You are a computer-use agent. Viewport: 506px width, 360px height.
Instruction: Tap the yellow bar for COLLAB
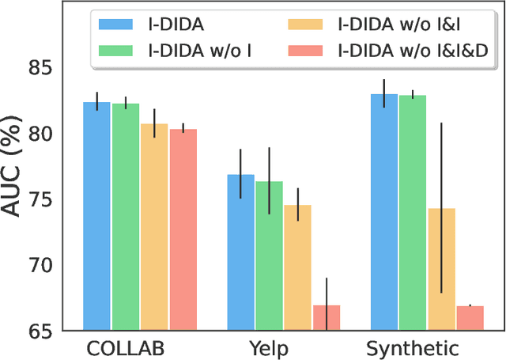(154, 226)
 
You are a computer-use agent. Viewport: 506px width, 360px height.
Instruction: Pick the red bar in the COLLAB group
(183, 229)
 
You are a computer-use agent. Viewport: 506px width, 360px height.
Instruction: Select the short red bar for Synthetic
(470, 316)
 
